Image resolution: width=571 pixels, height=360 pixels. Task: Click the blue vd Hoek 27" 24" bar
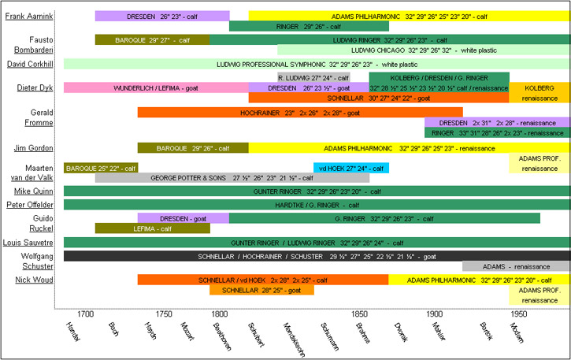(350, 168)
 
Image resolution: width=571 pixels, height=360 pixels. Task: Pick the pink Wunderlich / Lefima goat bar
(155, 87)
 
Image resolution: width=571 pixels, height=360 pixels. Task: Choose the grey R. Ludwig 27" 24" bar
(313, 77)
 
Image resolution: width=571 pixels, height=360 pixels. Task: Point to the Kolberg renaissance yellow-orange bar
(539, 92)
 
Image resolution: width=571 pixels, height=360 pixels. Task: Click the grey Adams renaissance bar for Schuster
(515, 266)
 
